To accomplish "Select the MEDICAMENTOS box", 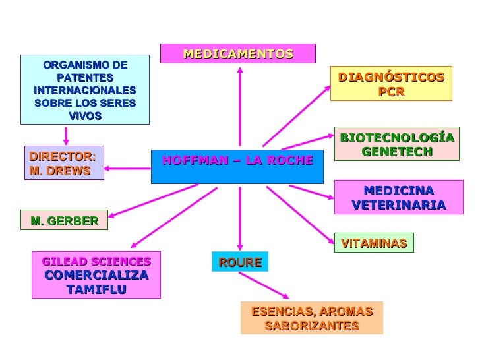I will pos(237,53).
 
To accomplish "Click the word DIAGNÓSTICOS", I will pos(391,78).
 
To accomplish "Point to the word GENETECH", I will pos(397,152).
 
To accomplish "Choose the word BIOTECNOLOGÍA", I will pos(397,138).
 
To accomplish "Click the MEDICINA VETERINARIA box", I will pos(398,198).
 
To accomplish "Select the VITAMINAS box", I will pos(374,243).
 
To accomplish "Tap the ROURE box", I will pos(240,262).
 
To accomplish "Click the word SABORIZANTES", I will pos(311,326).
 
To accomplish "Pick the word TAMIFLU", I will pos(96,289).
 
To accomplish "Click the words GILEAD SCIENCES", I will pos(96,262).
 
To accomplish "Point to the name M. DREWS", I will pos(59,170).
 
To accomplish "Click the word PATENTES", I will pos(84,78).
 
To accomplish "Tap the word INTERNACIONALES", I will pos(84,90).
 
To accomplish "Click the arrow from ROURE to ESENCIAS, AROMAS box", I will pos(264,284).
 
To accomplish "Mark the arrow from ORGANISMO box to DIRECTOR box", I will pos(65,135).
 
